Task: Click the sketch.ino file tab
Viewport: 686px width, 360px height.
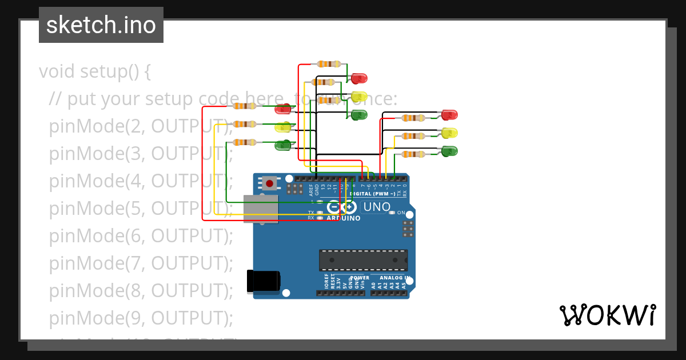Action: coord(101,25)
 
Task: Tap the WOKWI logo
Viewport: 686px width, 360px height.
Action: coord(607,315)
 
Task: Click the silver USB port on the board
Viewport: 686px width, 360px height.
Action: coord(261,209)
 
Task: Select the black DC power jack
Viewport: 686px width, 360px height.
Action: coord(263,281)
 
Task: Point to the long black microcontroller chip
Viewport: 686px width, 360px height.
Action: coord(363,260)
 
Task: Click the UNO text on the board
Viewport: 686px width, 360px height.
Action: coord(377,207)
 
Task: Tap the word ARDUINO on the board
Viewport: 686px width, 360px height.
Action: coord(343,218)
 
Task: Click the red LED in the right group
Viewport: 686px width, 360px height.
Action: coord(450,115)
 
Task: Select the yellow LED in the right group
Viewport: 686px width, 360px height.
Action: coord(450,133)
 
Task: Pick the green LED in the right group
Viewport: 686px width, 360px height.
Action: coord(450,151)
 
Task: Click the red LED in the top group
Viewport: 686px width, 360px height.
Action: coord(359,78)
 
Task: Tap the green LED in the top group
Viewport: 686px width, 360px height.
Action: coord(359,115)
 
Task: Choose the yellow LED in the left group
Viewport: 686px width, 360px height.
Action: coord(283,127)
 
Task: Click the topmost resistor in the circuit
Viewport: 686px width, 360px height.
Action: coord(329,64)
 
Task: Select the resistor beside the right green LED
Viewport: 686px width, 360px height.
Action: coord(412,154)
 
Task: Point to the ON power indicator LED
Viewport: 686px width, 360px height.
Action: coord(392,213)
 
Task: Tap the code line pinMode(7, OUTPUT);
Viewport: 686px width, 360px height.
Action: coord(141,263)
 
